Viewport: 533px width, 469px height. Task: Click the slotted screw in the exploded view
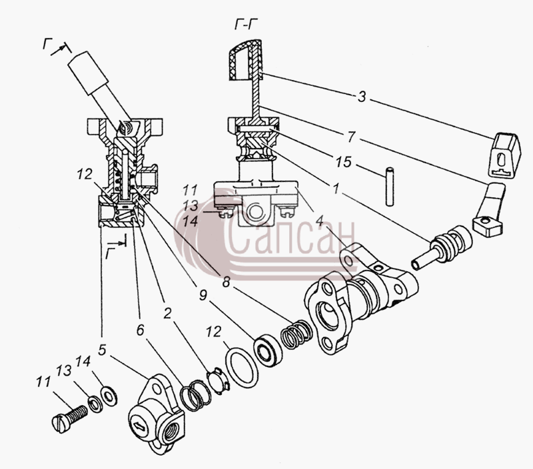tap(70, 418)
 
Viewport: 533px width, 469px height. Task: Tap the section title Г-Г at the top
tap(246, 25)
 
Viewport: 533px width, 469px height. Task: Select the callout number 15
tap(343, 162)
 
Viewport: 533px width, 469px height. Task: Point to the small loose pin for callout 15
tap(390, 186)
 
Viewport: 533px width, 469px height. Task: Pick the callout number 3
tap(362, 97)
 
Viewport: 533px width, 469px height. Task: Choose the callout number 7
tap(351, 137)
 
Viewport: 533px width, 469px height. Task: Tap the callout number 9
tap(203, 295)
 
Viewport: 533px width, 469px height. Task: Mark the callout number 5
tap(103, 350)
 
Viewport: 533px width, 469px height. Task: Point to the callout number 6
tap(141, 330)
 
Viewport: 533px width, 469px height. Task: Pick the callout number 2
tap(167, 313)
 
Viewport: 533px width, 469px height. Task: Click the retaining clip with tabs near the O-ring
tap(219, 380)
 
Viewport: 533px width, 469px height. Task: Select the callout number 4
tap(319, 221)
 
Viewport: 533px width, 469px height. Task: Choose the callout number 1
tap(336, 189)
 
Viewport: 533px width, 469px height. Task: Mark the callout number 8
tap(226, 282)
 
